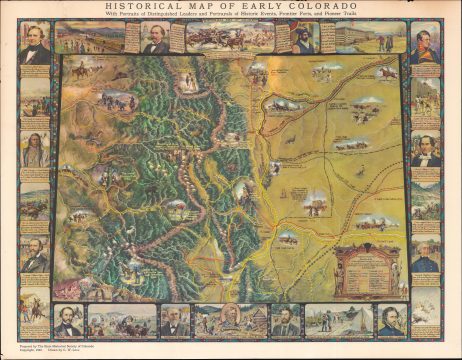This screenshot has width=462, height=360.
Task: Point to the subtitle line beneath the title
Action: tap(230, 15)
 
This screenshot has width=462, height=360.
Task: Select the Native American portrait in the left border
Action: tap(35, 150)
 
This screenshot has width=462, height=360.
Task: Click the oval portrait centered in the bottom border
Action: tap(230, 318)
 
